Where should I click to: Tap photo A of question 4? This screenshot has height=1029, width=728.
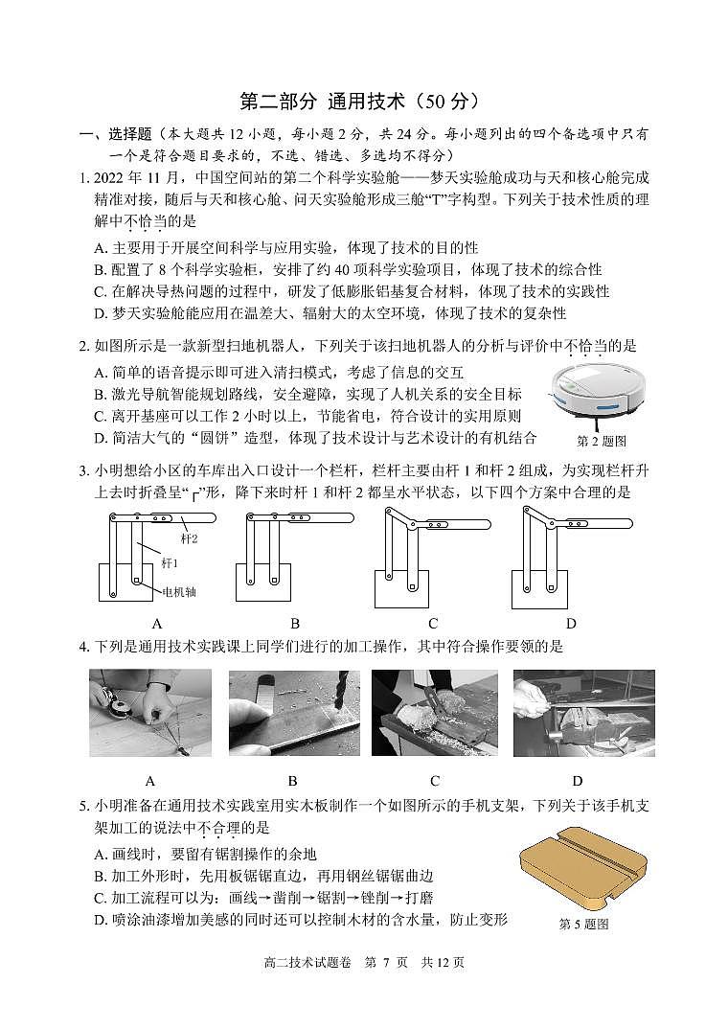(150, 713)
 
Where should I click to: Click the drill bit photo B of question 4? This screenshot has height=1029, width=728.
(294, 713)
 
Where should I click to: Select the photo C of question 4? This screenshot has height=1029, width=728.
(435, 713)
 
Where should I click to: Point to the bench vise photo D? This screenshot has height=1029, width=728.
(583, 713)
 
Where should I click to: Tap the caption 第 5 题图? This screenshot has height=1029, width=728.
(583, 925)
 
